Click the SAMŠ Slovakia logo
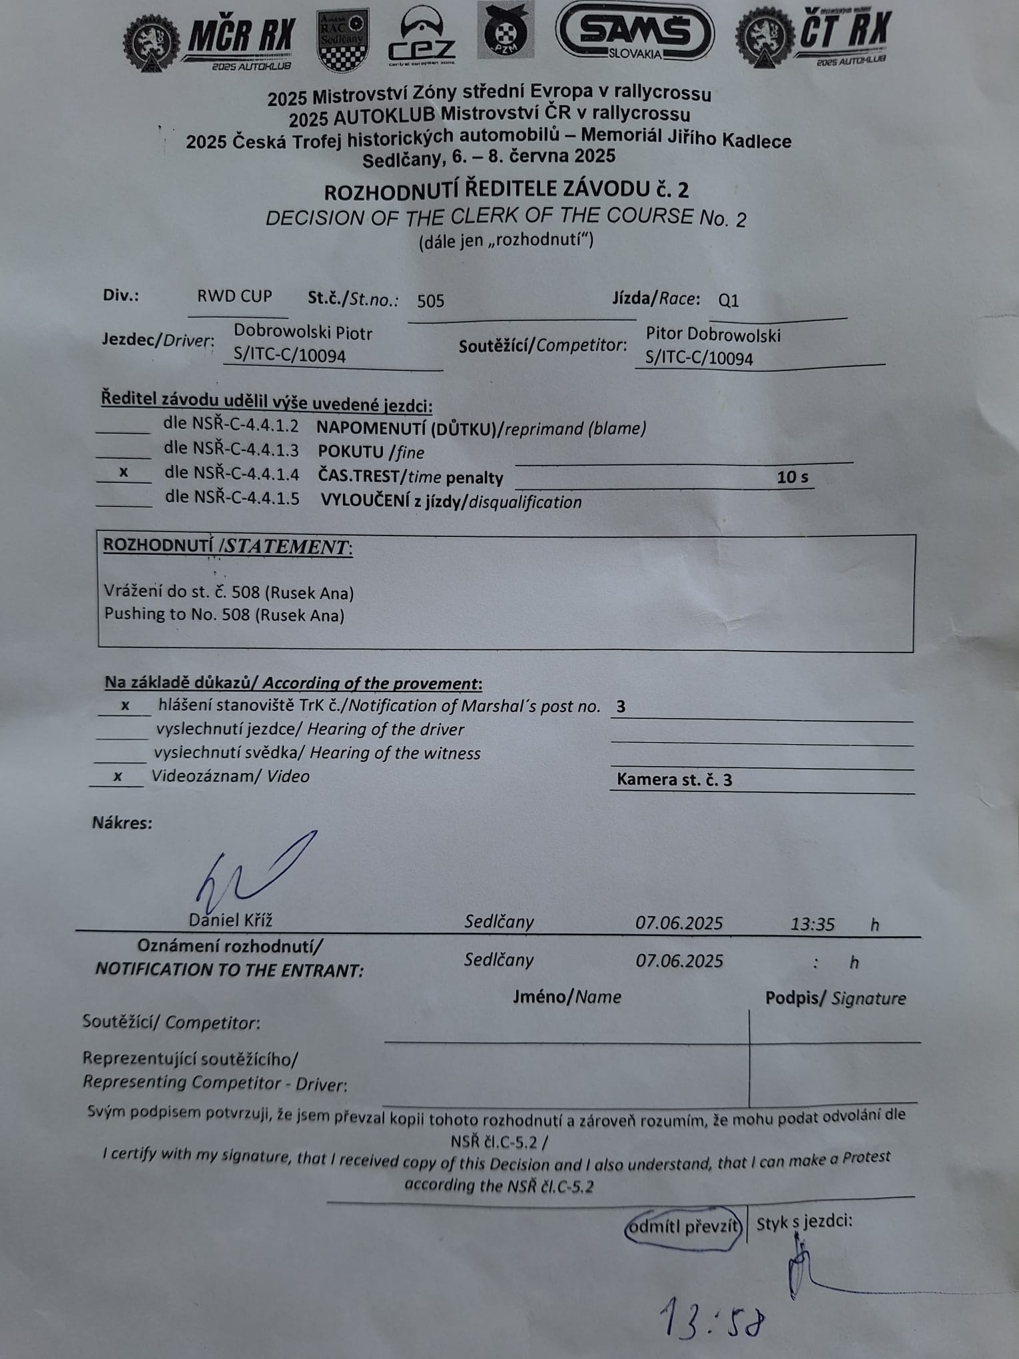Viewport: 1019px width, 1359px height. point(635,32)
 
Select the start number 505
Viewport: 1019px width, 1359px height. point(430,301)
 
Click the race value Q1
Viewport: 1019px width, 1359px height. point(729,300)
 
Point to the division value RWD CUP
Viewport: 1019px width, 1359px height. point(234,296)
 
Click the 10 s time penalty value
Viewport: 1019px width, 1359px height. point(792,477)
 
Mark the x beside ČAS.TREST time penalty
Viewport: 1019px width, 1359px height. point(124,472)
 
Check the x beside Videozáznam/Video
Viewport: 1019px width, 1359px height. point(118,776)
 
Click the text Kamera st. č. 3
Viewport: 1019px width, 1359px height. point(674,779)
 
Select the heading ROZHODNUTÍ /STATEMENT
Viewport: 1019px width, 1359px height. point(228,546)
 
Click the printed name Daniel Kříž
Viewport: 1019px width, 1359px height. point(230,920)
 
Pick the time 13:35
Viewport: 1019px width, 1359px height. point(813,924)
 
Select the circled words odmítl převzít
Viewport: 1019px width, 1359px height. point(683,1226)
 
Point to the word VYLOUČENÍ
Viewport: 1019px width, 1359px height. point(365,501)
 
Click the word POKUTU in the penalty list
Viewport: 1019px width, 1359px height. point(350,452)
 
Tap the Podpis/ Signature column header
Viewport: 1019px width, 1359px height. point(835,998)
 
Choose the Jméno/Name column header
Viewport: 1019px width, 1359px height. point(567,997)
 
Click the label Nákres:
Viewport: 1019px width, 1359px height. point(122,823)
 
